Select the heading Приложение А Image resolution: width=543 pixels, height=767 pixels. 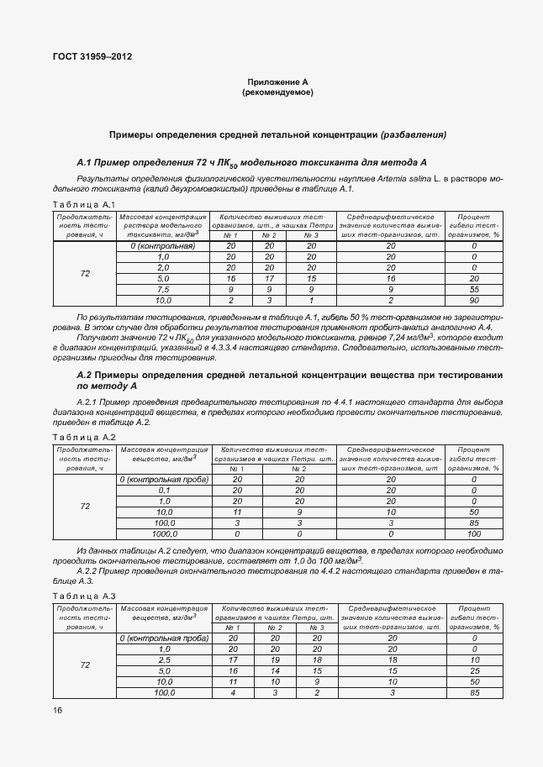click(277, 82)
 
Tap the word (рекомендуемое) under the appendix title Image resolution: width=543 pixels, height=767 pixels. click(277, 92)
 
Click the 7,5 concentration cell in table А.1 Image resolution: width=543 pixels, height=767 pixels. click(163, 289)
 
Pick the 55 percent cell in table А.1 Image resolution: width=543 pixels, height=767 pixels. click(473, 289)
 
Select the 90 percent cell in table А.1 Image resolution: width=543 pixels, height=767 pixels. click(473, 300)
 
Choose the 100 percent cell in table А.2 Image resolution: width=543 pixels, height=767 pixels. click(473, 533)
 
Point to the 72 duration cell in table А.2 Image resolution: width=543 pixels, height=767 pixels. click(85, 507)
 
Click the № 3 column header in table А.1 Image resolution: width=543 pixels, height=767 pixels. click(311, 235)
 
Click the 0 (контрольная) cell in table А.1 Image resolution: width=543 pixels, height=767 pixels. click(163, 245)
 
